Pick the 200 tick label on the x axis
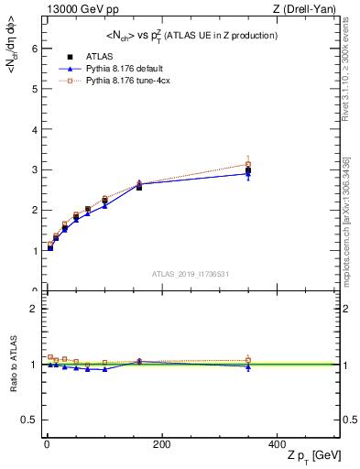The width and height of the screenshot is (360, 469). (x=161, y=444)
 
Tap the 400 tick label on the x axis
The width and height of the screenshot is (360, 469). (x=276, y=444)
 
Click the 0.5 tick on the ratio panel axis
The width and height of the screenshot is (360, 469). (x=30, y=420)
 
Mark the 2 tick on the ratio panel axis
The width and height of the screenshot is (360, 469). (x=34, y=309)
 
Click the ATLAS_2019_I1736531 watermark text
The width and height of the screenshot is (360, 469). (x=190, y=273)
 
